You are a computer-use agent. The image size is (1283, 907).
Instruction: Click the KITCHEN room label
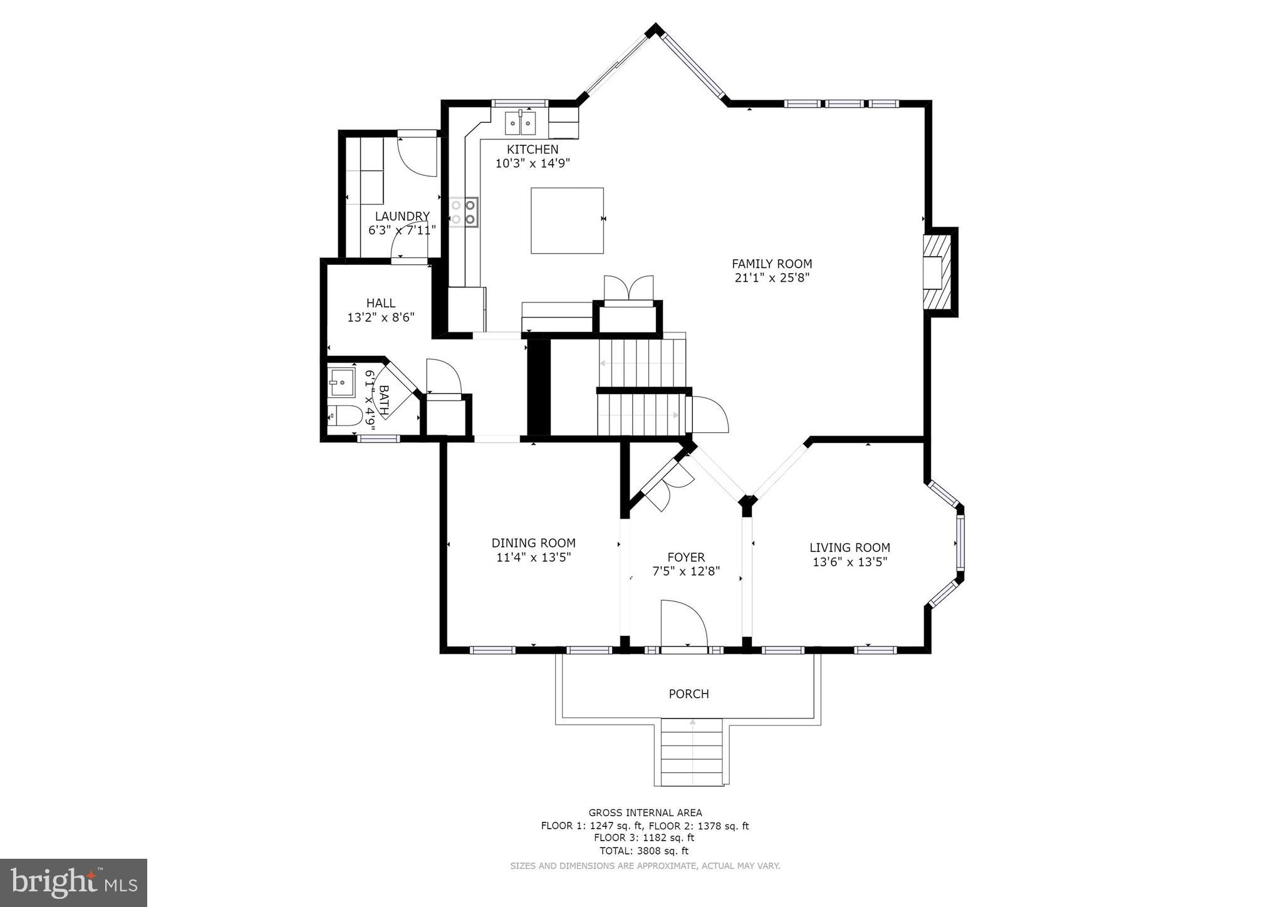(x=532, y=150)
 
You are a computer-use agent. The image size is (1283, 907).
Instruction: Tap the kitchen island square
(x=567, y=220)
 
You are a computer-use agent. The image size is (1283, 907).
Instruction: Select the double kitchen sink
(x=521, y=123)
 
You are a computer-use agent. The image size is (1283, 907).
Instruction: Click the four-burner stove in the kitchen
(x=464, y=212)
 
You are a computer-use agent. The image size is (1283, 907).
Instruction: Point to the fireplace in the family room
(x=938, y=272)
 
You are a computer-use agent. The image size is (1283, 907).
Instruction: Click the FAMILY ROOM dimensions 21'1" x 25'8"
(x=772, y=277)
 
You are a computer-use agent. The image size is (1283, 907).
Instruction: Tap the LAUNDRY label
(x=402, y=216)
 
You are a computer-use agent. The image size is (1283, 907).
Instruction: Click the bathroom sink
(x=341, y=382)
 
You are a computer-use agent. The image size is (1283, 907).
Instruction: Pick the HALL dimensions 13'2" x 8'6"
(x=381, y=318)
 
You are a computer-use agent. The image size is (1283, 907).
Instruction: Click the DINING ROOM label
(x=533, y=543)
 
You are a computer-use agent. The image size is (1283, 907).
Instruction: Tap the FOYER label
(x=686, y=557)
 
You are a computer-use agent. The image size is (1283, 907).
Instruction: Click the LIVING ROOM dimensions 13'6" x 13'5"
(x=849, y=562)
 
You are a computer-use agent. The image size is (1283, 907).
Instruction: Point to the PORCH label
(x=688, y=694)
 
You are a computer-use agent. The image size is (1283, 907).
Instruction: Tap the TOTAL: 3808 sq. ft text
(x=644, y=851)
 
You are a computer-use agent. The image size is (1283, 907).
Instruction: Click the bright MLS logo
(x=73, y=883)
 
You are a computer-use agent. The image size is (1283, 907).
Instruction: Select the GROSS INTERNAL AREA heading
(x=645, y=813)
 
